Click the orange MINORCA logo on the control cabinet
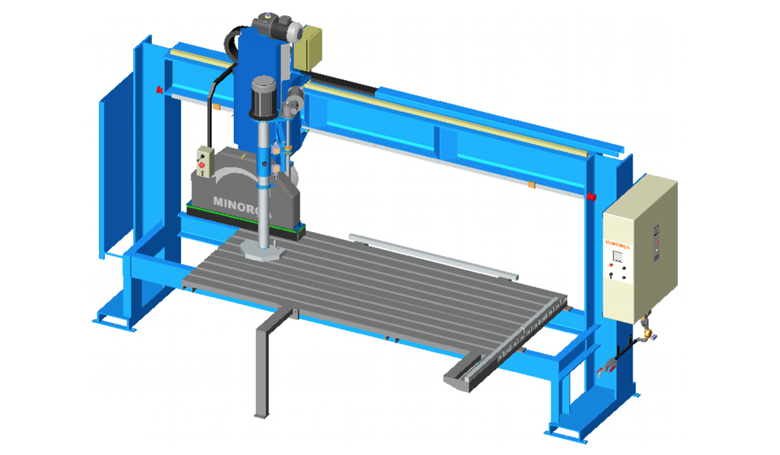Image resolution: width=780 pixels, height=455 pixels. coord(617,244)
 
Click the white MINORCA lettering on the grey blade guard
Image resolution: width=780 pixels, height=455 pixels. coord(242,207)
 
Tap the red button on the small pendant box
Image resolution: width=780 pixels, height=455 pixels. coord(201,164)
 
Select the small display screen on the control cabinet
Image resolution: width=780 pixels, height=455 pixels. coord(617,256)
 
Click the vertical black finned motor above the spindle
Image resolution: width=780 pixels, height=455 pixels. coord(264,97)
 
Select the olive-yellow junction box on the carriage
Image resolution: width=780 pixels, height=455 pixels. coord(308,47)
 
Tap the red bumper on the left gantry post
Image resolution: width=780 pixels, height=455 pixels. coord(159,90)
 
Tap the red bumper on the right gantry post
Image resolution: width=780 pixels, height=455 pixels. coord(591,197)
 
